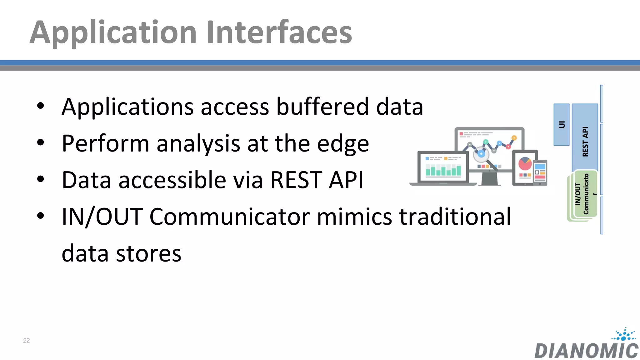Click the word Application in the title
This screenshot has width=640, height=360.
coord(113,32)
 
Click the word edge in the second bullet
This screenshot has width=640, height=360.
coord(343,144)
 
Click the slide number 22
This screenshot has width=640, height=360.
coord(27,340)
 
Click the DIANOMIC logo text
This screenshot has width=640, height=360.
coord(586,351)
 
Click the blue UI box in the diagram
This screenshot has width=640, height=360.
coord(561,124)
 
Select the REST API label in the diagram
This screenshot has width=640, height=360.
coord(585,142)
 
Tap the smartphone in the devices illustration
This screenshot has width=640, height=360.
coord(540,172)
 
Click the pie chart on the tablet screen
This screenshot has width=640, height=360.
coord(525,164)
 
